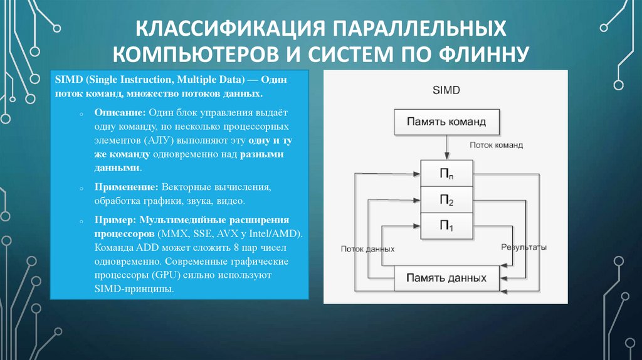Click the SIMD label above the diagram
pyautogui.click(x=446, y=90)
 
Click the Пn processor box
pyautogui.click(x=446, y=173)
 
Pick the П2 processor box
pyautogui.click(x=446, y=199)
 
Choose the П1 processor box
pyautogui.click(x=446, y=226)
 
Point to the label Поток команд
pyautogui.click(x=497, y=144)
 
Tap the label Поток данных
pyautogui.click(x=367, y=248)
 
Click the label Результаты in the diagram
pyautogui.click(x=524, y=247)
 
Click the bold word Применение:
pyautogui.click(x=127, y=188)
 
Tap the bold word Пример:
pyautogui.click(x=115, y=221)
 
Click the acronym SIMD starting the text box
pyautogui.click(x=68, y=80)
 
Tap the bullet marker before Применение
pyautogui.click(x=82, y=188)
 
